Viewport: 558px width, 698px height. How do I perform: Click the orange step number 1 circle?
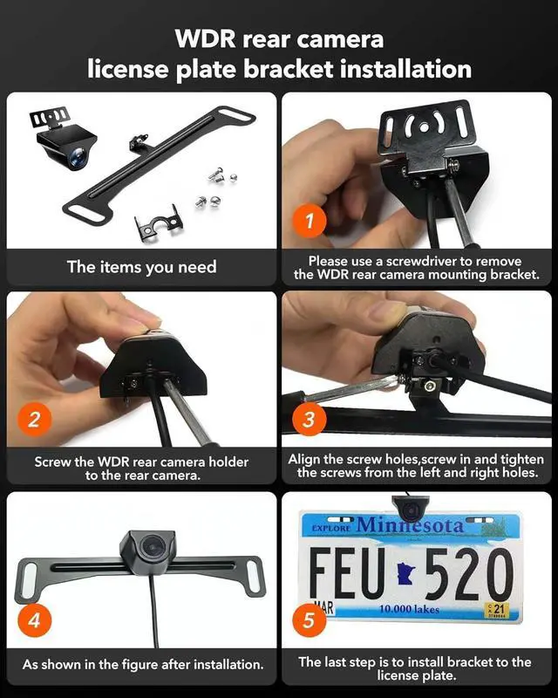(x=308, y=221)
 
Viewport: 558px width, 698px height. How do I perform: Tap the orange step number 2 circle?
(x=34, y=418)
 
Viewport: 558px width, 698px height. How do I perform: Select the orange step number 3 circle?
(x=308, y=418)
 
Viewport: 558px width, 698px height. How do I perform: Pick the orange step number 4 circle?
(x=34, y=621)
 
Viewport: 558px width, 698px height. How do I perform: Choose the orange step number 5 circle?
(x=308, y=621)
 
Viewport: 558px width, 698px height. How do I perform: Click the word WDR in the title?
(x=206, y=39)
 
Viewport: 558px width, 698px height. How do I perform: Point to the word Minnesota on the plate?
(x=409, y=525)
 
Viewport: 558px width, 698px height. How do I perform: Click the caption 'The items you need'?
(x=141, y=267)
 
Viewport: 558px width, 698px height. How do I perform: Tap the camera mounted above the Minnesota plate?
(x=405, y=505)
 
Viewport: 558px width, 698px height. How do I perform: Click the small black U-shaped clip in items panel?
(x=158, y=222)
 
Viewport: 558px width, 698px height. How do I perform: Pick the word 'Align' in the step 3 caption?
(x=306, y=459)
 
